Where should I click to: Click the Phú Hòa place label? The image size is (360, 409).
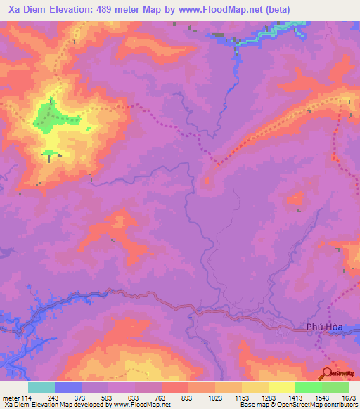click(x=324, y=327)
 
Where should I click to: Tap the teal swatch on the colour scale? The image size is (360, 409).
click(x=41, y=387)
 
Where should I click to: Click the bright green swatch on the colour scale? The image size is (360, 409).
click(x=308, y=387)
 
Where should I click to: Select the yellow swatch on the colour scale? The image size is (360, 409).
click(x=281, y=387)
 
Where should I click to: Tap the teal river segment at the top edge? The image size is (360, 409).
click(x=274, y=32)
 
